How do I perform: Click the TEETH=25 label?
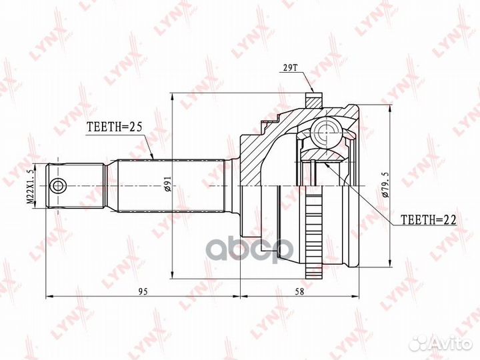click(115, 127)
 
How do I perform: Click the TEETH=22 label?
click(429, 219)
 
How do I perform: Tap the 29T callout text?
click(288, 68)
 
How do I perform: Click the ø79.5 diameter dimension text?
click(385, 185)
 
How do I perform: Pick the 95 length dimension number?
click(143, 291)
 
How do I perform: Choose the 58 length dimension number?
click(300, 291)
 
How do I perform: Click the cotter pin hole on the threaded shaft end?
click(58, 186)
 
